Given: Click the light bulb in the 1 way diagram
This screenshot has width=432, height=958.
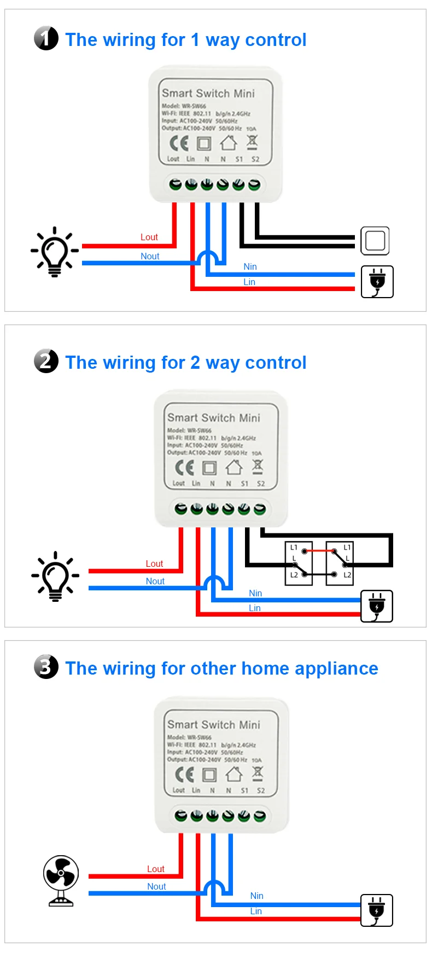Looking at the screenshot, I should click(55, 252).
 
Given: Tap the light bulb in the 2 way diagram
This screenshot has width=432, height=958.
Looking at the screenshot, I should click(55, 576).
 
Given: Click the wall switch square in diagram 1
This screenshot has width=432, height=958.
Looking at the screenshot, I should click(375, 241).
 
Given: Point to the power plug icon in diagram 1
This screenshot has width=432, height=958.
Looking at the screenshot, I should click(377, 282).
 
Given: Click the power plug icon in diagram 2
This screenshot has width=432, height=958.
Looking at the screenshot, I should click(377, 606).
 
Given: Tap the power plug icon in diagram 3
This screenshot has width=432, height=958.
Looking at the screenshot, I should click(377, 910).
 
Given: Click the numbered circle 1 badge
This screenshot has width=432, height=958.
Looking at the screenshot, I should click(46, 38).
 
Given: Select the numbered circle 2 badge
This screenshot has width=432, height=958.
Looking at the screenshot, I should click(46, 361).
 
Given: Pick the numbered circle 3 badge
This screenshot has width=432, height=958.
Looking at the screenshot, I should click(46, 667).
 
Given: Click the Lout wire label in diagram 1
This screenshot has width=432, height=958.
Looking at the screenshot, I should click(149, 237).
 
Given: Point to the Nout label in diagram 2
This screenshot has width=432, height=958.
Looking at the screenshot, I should click(155, 581).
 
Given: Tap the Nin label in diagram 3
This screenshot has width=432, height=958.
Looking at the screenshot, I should click(256, 896).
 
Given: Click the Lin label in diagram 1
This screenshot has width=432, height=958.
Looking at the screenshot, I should click(249, 282).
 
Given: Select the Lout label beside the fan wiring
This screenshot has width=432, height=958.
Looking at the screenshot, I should click(155, 869).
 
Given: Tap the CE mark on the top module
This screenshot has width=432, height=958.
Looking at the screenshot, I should click(179, 143).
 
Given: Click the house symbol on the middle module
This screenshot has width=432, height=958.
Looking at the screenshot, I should click(234, 467).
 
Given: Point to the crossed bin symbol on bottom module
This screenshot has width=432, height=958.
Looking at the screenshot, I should click(258, 773).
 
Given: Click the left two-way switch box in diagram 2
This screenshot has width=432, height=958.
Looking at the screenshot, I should click(299, 564).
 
